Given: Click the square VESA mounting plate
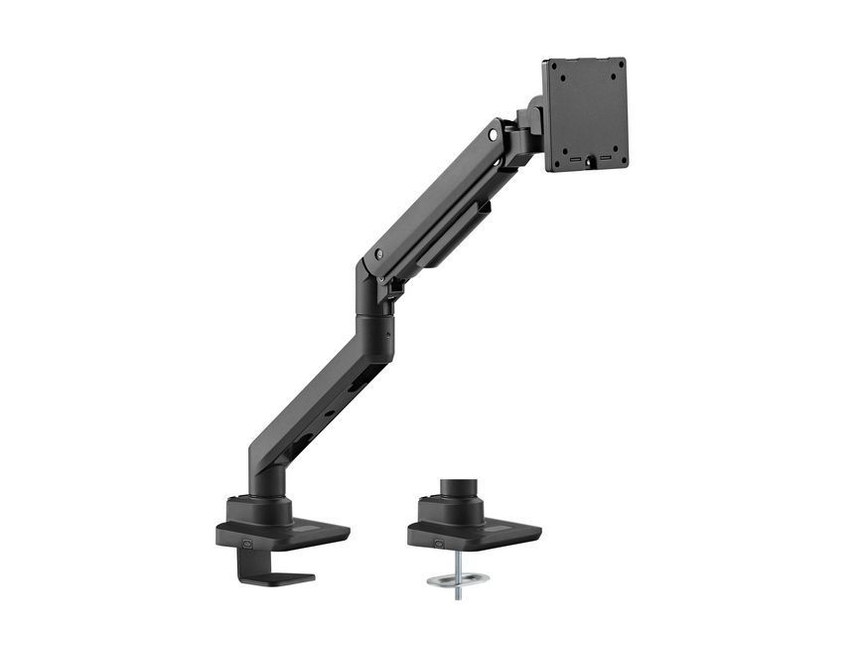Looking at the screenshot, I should point(585,114).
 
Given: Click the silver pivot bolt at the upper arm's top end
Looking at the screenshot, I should point(494,131).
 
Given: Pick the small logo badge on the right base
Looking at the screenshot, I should point(438,543).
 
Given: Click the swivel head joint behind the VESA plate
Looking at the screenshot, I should point(522,129).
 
